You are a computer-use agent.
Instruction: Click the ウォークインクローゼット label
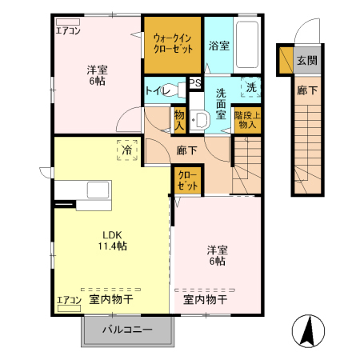(x=173, y=42)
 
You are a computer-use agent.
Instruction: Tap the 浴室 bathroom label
(x=218, y=46)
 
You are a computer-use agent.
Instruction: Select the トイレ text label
(x=158, y=90)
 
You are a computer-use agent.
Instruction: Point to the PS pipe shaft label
(x=194, y=82)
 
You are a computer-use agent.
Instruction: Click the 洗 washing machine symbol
(x=251, y=87)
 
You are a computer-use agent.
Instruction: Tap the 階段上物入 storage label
(x=247, y=119)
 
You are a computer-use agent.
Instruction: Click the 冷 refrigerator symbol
(x=127, y=149)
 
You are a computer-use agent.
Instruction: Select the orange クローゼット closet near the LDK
(x=187, y=179)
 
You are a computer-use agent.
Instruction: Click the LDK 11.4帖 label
(x=113, y=240)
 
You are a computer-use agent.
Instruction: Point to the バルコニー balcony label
(x=127, y=329)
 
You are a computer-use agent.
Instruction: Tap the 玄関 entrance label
(x=306, y=59)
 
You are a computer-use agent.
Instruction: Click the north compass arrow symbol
(x=306, y=330)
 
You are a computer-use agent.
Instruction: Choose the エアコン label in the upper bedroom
(x=67, y=31)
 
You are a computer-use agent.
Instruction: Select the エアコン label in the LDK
(x=69, y=301)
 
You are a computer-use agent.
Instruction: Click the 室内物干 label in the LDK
(x=111, y=300)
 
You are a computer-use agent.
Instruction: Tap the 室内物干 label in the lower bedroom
(x=205, y=300)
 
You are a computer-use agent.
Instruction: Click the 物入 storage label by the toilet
(x=180, y=120)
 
